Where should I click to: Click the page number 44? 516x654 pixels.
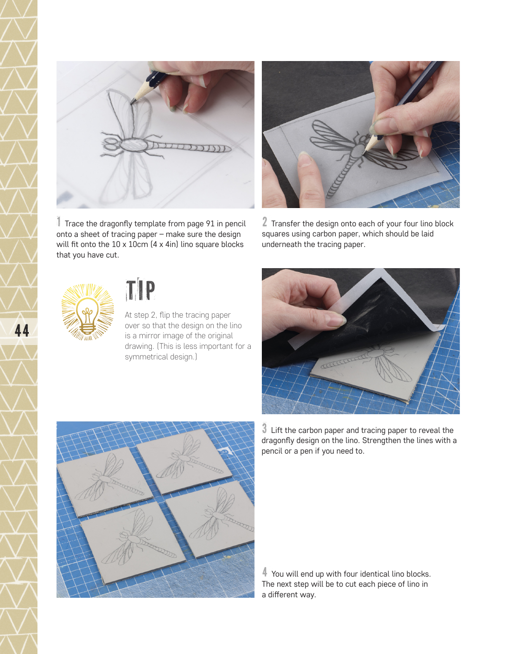(22, 330)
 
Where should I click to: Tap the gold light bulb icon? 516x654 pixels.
(87, 312)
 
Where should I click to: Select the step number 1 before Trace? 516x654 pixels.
(59, 222)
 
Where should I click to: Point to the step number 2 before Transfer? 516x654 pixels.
(265, 222)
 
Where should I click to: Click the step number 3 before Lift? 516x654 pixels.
(264, 429)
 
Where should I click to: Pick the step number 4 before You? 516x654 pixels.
(265, 572)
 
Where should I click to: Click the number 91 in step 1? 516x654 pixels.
(210, 223)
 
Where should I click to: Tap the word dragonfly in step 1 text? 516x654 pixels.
(116, 224)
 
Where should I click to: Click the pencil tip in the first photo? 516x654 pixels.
(132, 103)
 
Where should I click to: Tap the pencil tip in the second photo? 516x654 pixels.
(364, 153)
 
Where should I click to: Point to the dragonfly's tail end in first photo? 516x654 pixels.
(228, 149)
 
